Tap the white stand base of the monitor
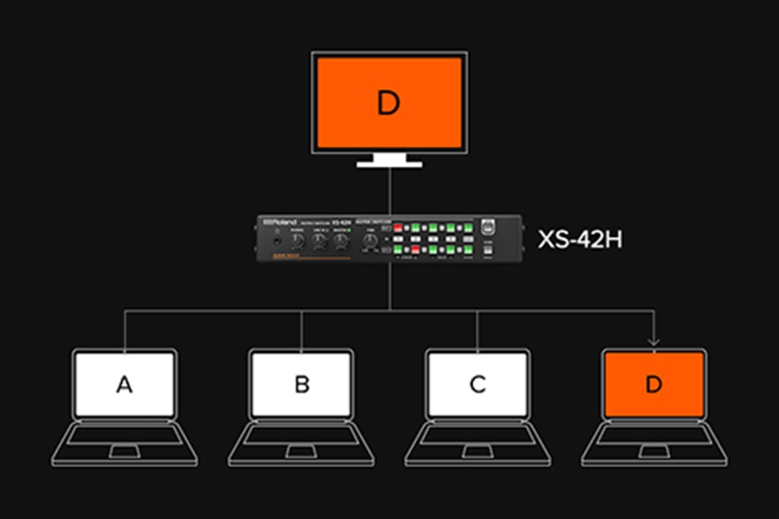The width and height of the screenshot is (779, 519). (389, 164)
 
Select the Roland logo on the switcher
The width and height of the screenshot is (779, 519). (281, 223)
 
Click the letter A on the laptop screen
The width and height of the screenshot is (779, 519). (124, 384)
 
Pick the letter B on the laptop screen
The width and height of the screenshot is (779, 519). (301, 384)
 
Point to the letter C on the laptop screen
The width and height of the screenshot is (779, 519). (478, 384)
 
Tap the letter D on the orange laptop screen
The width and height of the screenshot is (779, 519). (653, 384)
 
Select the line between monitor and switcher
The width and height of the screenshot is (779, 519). (389, 190)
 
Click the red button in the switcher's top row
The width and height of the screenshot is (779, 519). (399, 228)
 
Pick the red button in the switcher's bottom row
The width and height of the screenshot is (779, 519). (415, 248)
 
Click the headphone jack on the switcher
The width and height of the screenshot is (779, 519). (279, 240)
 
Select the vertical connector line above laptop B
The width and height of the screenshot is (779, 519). (301, 327)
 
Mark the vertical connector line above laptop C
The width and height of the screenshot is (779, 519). (478, 327)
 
